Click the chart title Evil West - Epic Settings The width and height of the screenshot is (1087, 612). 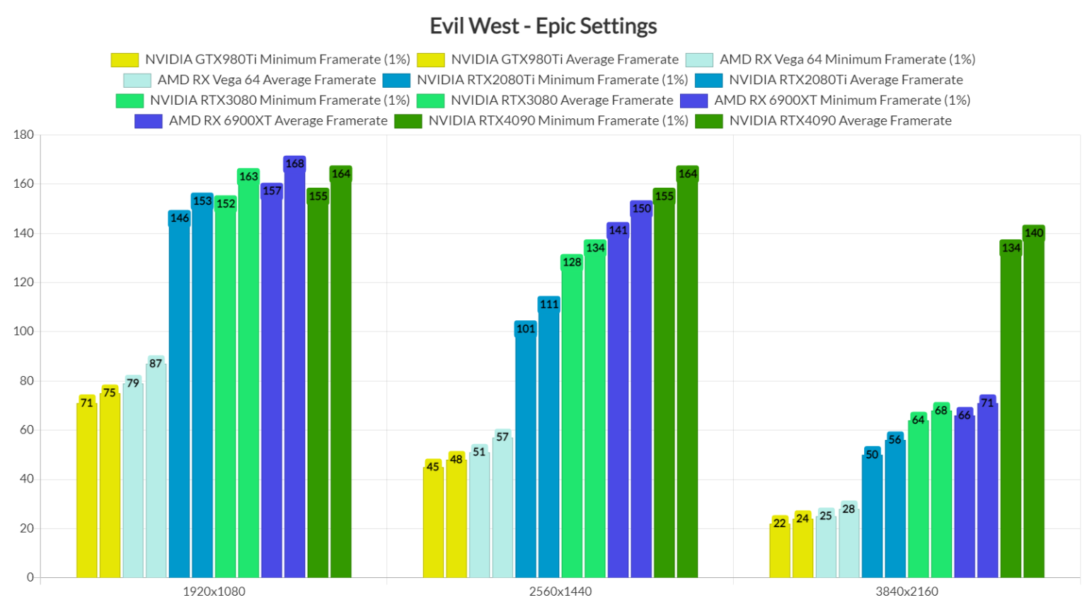(x=543, y=26)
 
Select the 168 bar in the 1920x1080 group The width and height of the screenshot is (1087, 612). (x=294, y=368)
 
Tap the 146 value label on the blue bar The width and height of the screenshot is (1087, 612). (x=179, y=218)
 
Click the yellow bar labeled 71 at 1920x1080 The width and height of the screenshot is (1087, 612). (x=86, y=489)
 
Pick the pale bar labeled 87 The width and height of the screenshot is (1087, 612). (x=156, y=467)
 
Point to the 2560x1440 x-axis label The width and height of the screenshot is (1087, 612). (x=560, y=591)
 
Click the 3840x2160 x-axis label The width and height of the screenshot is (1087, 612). (x=907, y=591)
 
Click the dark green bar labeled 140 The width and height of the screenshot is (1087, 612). (x=1033, y=404)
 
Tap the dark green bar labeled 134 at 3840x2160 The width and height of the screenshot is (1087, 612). (x=1011, y=411)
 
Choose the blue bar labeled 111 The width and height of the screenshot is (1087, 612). (x=548, y=439)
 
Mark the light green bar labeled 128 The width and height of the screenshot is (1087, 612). (x=572, y=418)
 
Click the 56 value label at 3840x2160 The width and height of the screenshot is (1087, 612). (x=895, y=440)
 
